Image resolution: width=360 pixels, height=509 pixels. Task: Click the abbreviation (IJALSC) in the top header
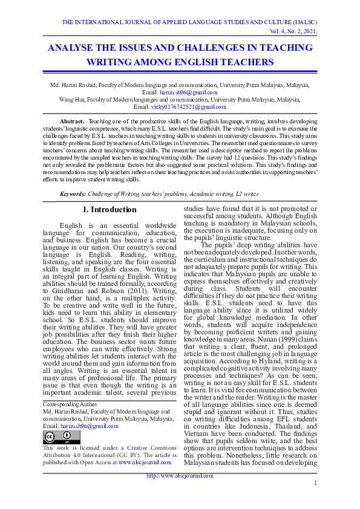304,22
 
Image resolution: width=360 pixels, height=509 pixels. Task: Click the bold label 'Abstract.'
72,122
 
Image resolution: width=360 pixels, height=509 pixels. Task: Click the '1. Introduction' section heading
110,210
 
